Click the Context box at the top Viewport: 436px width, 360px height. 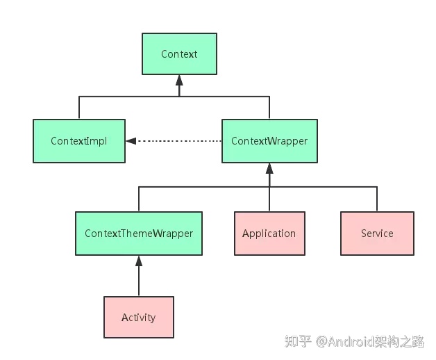point(179,54)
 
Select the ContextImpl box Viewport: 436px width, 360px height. point(79,141)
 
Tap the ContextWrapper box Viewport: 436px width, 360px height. point(269,141)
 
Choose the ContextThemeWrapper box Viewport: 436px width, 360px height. point(139,234)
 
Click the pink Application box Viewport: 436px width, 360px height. point(269,234)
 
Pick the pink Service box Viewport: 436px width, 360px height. point(377,234)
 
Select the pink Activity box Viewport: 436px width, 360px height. point(139,318)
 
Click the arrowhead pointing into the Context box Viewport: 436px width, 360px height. point(179,81)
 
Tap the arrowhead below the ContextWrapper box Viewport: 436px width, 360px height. point(269,169)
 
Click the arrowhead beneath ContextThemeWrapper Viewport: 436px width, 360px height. point(139,261)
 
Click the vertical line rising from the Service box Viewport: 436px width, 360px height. point(377,199)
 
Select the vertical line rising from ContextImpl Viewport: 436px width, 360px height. point(79,108)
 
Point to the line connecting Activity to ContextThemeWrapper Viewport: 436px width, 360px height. point(139,281)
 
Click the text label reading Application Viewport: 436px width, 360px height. point(269,234)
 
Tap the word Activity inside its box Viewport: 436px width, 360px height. point(139,318)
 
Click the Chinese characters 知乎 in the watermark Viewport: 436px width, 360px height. point(298,341)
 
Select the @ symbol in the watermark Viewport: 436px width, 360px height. point(321,341)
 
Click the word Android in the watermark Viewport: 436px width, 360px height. point(351,341)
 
